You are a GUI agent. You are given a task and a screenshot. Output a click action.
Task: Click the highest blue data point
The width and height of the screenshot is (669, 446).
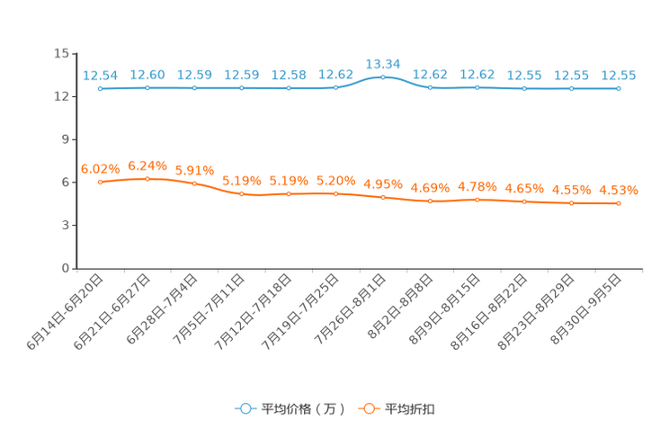point(383,77)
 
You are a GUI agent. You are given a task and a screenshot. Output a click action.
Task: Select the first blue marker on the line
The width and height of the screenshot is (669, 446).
point(100,88)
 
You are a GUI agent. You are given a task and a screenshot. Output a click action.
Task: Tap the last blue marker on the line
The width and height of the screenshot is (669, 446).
point(619,88)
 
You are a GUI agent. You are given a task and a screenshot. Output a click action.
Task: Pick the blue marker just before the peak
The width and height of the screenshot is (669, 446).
point(335,88)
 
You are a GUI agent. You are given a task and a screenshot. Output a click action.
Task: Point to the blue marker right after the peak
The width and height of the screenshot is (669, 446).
point(430,88)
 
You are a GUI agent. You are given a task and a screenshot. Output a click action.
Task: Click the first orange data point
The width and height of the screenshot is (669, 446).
point(100,182)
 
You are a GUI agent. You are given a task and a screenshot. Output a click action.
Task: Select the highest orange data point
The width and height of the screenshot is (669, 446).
point(147,178)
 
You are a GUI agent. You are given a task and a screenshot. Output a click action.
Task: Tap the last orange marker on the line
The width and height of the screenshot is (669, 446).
point(619,203)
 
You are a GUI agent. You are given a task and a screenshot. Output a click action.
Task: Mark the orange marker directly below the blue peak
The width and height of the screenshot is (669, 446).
point(383,197)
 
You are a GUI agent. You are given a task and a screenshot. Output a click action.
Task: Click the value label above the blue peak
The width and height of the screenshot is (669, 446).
point(383,64)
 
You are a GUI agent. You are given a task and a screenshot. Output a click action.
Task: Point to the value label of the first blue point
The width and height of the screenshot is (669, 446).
point(100,76)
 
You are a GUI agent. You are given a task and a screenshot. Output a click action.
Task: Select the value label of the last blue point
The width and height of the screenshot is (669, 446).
point(619,76)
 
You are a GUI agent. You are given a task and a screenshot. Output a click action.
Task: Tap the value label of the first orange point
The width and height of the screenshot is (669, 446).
point(100,168)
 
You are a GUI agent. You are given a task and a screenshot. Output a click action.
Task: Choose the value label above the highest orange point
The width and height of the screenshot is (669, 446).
point(147,165)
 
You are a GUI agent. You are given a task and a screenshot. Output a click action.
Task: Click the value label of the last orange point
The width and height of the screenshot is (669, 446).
point(619,190)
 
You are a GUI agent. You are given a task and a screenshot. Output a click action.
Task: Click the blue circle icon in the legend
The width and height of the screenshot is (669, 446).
point(245,408)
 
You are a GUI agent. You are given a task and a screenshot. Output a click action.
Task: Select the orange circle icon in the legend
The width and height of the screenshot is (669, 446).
point(369,408)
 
